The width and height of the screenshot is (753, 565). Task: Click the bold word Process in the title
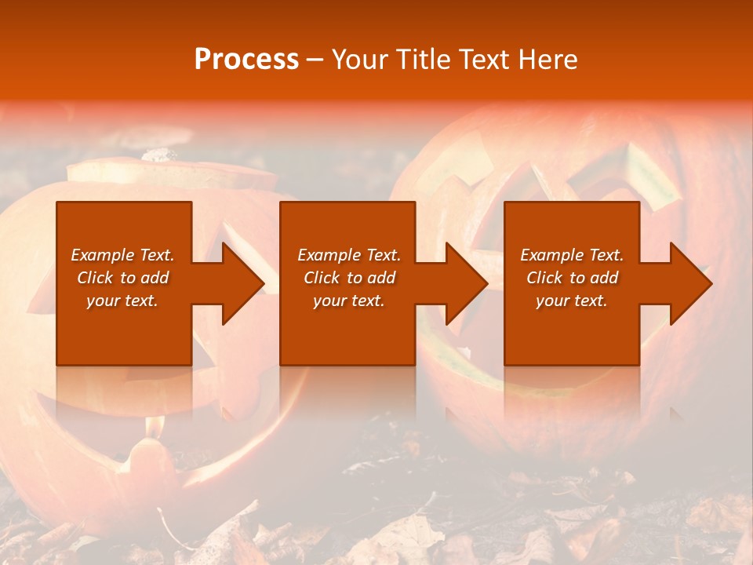click(246, 60)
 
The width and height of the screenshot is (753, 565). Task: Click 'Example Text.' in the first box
click(122, 255)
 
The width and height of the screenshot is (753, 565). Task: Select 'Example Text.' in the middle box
click(349, 255)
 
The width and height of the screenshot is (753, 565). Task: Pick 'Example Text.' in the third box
click(572, 255)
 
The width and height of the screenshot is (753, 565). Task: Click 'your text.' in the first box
click(122, 301)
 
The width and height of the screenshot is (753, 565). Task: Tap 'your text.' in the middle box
click(349, 301)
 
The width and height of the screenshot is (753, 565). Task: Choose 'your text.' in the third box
click(572, 301)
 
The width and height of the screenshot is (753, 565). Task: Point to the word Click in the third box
click(545, 278)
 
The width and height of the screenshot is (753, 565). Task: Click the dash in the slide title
click(315, 60)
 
